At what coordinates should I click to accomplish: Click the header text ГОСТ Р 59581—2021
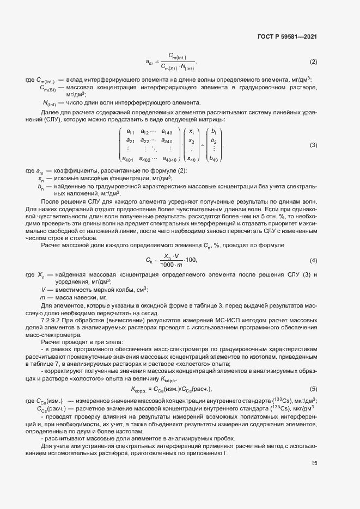tap(286, 37)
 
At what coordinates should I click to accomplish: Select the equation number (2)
tap(313, 62)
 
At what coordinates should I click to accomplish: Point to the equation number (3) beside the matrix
tap(313, 145)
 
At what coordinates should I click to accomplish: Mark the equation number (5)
tap(313, 389)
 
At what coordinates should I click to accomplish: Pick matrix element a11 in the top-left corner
tap(130, 132)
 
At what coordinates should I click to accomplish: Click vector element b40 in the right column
tap(213, 159)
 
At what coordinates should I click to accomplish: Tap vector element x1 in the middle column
tap(191, 132)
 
